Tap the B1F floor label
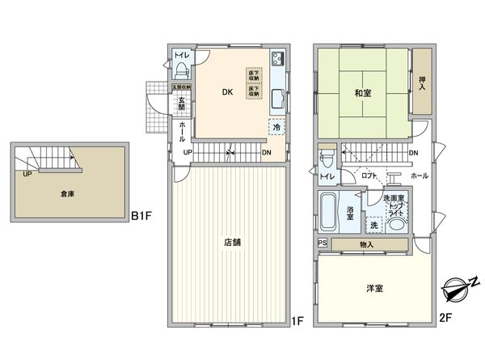click(141, 217)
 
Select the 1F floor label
click(296, 321)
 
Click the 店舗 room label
click(230, 241)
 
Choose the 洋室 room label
click(374, 287)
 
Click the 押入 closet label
click(422, 81)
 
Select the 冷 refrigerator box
click(277, 127)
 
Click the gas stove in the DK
click(278, 59)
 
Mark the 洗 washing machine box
click(373, 226)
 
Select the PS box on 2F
click(323, 243)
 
